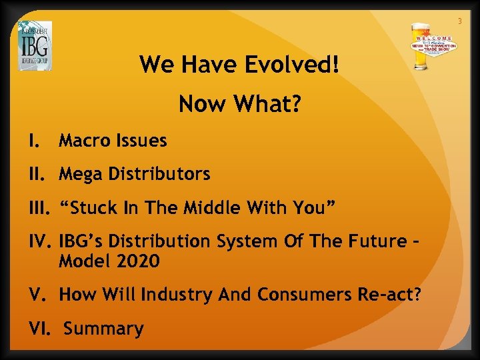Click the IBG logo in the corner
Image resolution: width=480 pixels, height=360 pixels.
point(35,46)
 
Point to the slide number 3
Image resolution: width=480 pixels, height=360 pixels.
point(459,22)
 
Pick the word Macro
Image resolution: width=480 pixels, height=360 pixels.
point(83,141)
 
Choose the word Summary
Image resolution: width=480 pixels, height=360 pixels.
point(104,329)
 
